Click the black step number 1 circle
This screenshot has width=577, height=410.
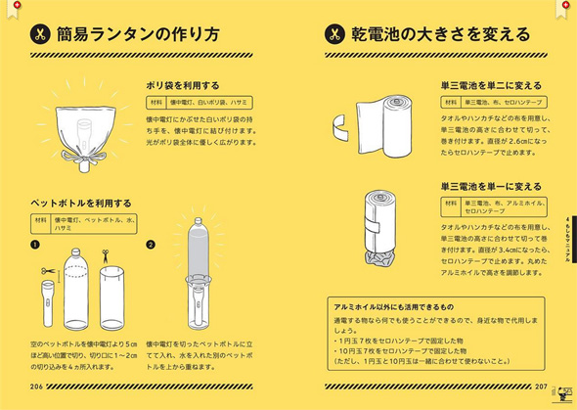[x=34, y=245]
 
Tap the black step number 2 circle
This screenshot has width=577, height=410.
[x=152, y=245]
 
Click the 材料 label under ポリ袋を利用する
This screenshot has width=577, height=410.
[x=155, y=102]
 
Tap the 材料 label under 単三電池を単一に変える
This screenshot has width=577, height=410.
[x=450, y=203]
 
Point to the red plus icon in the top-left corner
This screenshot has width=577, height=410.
[x=7, y=6]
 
